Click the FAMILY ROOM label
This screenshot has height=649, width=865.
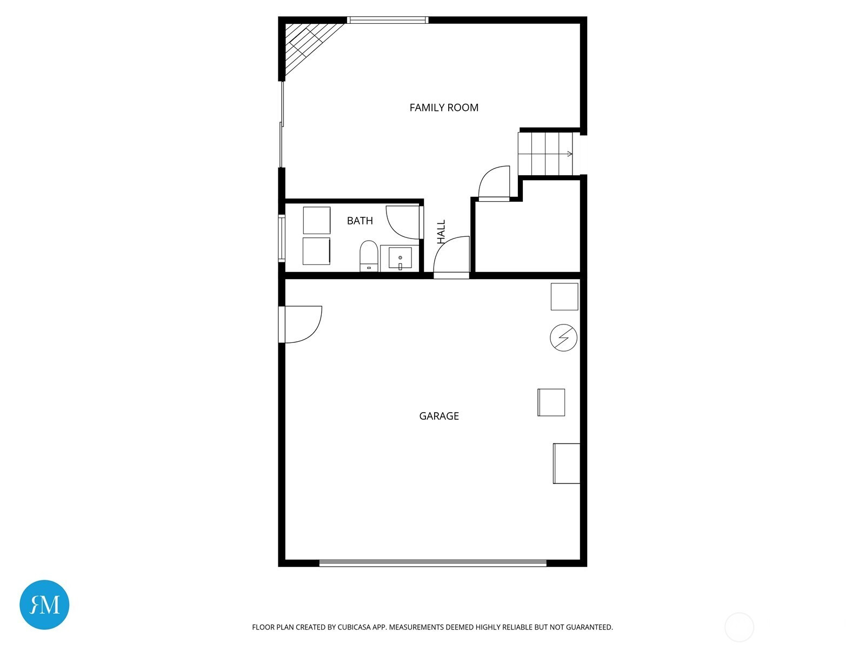coord(444,108)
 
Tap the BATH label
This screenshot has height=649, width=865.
coord(360,221)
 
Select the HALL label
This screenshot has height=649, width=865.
coord(441,231)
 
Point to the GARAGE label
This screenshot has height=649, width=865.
coord(439,416)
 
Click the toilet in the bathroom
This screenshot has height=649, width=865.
coord(369,256)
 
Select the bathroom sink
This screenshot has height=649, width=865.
coord(400,259)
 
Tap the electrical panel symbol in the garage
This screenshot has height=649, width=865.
coord(563,337)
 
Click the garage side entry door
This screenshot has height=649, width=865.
coord(300,325)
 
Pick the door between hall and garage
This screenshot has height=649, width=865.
coord(451,257)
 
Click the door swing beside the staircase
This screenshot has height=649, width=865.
coord(494,184)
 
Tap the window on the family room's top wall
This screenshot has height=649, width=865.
coord(388,19)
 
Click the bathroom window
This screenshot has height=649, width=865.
coord(281,239)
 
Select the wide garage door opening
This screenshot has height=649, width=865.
coord(432,564)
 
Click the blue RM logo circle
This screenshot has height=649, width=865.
coord(44,605)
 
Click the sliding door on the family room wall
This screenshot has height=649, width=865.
coord(281,124)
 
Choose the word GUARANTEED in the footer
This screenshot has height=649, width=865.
coord(589,627)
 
